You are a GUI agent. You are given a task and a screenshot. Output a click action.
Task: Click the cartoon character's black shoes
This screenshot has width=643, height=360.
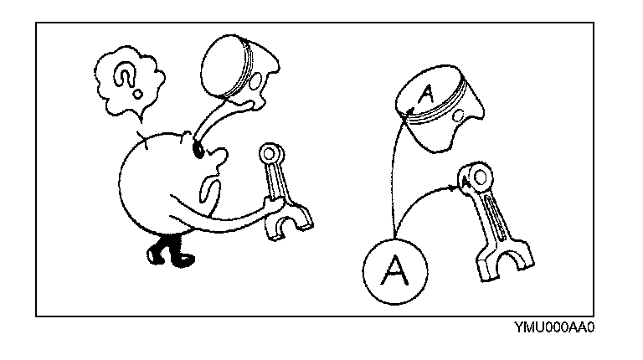coord(167,252)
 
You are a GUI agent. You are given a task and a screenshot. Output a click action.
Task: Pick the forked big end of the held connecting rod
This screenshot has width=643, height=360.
coord(290,222)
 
